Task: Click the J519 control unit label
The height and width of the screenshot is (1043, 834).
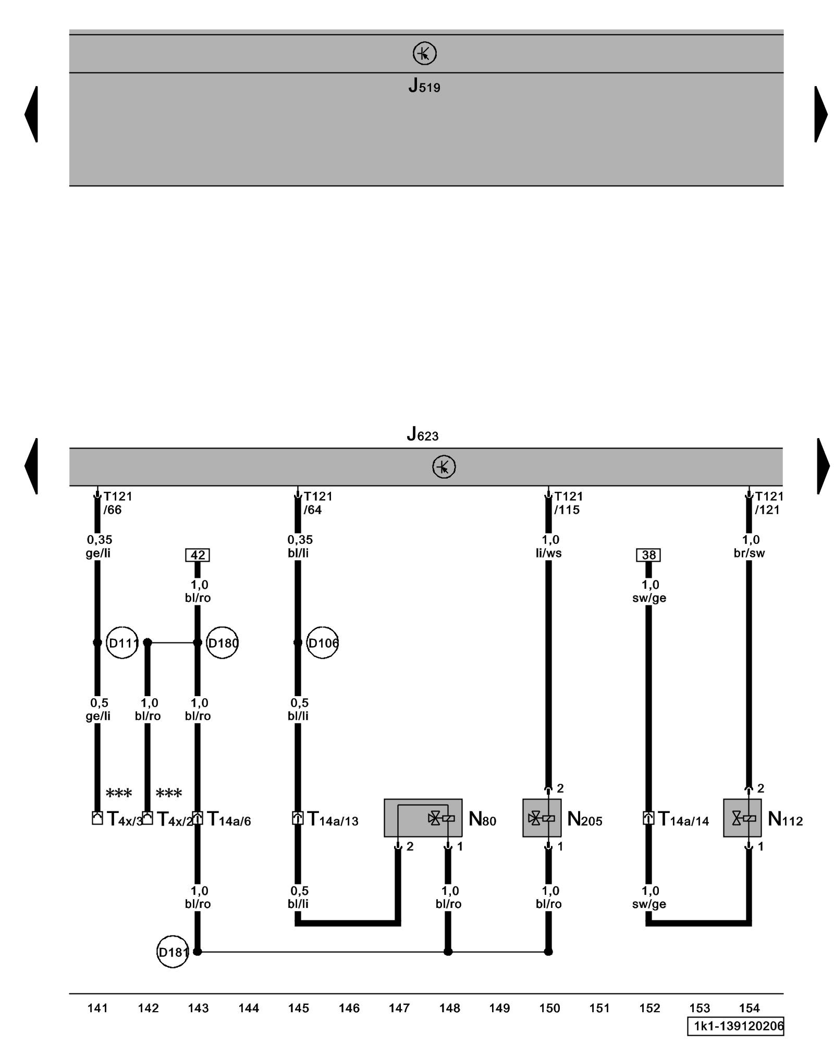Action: click(x=424, y=86)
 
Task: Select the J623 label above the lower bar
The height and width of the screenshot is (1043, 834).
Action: click(x=422, y=434)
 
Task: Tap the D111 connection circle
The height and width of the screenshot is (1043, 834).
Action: click(x=122, y=642)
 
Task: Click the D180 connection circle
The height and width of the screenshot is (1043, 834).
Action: click(x=223, y=642)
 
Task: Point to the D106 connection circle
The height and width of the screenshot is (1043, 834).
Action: click(x=323, y=642)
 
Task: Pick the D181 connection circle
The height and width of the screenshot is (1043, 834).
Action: click(x=173, y=952)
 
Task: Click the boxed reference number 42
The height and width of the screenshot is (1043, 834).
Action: click(x=198, y=555)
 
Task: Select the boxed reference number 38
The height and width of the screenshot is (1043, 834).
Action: click(x=648, y=555)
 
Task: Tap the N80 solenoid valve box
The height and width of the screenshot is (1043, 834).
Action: click(x=423, y=818)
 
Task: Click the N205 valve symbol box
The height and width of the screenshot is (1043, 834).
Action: click(x=542, y=818)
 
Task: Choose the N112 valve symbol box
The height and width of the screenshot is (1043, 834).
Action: click(x=742, y=818)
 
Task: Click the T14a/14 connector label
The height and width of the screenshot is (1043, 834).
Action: click(x=683, y=819)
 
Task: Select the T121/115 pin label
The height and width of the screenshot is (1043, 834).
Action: click(x=568, y=503)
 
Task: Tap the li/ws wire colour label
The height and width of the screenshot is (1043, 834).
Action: click(x=548, y=553)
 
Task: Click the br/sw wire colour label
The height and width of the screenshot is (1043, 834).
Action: click(x=749, y=553)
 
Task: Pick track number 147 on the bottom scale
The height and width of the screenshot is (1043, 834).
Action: click(x=399, y=1008)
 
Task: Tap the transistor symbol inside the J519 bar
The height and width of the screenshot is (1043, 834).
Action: click(x=424, y=53)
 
